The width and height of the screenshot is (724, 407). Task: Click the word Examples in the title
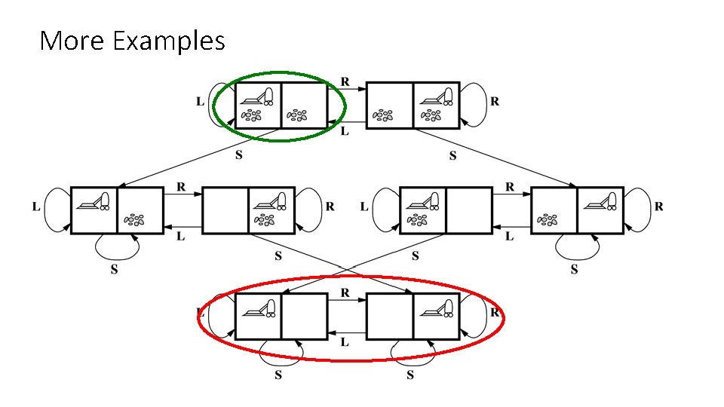tap(168, 41)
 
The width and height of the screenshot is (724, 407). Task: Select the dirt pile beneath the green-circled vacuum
tap(251, 116)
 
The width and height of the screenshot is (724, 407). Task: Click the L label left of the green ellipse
tap(200, 101)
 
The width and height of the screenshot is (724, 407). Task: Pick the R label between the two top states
tap(345, 81)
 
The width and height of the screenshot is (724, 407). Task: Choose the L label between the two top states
tap(345, 131)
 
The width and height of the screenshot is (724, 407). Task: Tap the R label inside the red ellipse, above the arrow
tap(345, 292)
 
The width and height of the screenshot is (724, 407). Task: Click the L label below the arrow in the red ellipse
tap(345, 342)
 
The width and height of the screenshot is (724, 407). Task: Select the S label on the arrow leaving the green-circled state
tap(239, 156)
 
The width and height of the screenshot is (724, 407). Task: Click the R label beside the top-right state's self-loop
tap(495, 101)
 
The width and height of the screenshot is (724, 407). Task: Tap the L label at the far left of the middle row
tap(36, 207)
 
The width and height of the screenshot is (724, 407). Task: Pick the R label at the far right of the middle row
tap(659, 207)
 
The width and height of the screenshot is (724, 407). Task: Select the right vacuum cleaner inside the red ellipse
tap(437, 307)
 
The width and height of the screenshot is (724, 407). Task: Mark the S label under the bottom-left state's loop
tap(278, 375)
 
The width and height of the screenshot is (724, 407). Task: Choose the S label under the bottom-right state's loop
tap(410, 375)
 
